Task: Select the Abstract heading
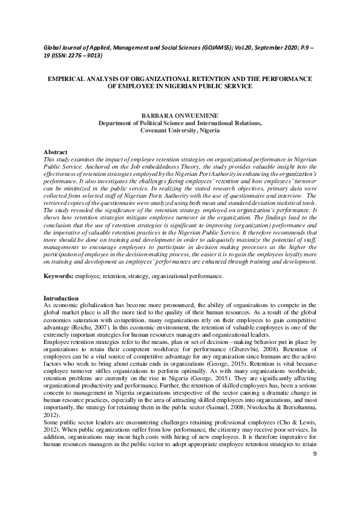[x=56, y=151]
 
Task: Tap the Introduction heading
[x=61, y=299]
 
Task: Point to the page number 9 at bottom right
[x=315, y=487]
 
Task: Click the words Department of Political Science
[x=143, y=122]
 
